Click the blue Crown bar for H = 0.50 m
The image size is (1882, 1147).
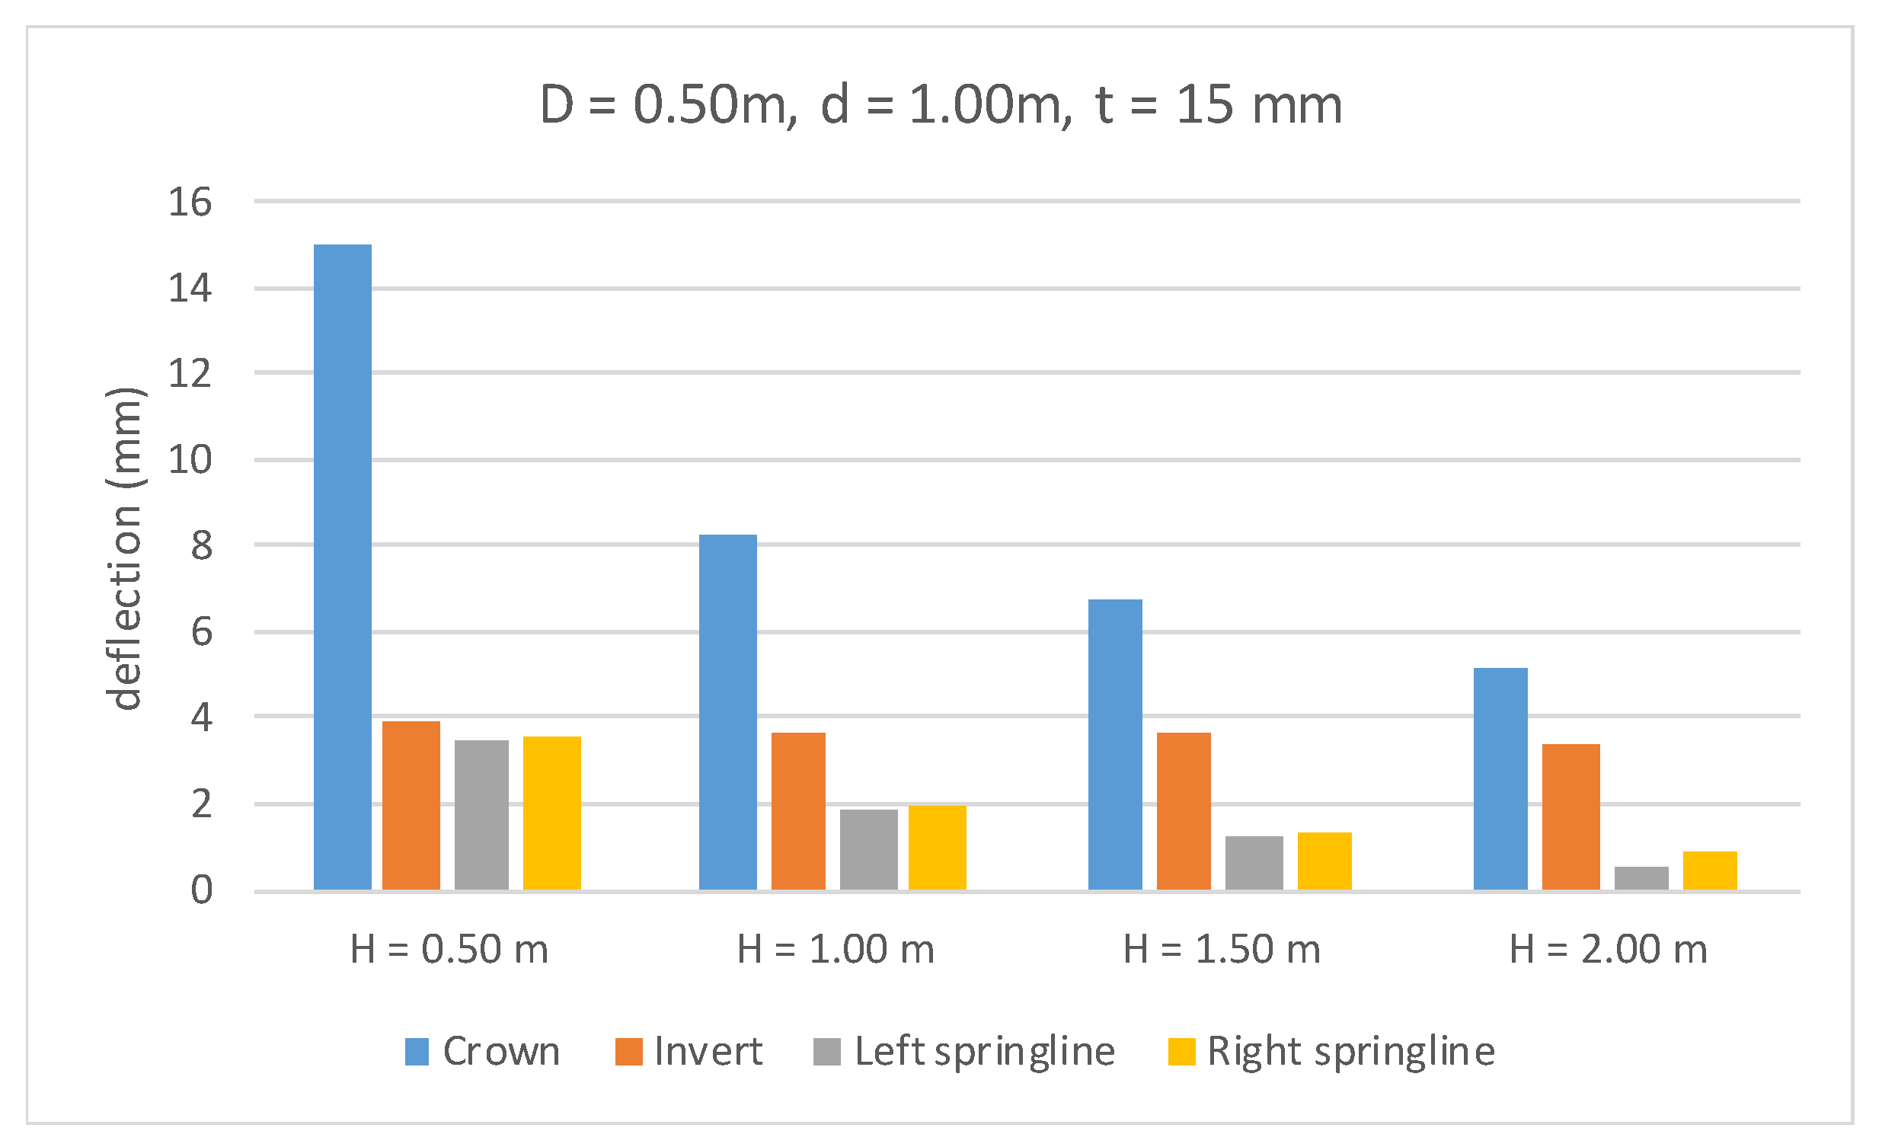342,567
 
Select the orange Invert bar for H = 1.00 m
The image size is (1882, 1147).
798,811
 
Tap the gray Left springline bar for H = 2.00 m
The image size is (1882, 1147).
1641,878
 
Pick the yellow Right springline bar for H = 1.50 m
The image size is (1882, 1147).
1324,861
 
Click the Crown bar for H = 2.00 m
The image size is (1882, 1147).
1500,779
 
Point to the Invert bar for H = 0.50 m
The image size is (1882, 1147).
411,806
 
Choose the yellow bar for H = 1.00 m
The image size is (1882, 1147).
937,848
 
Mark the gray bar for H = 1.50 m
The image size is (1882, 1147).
1254,863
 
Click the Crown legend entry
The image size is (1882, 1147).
483,1052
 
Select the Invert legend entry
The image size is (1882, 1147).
689,1052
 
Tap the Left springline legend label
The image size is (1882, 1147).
985,1052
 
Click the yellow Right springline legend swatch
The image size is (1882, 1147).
1181,1052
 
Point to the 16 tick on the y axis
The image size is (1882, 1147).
190,203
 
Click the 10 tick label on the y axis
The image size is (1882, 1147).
190,461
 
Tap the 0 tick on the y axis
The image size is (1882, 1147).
201,890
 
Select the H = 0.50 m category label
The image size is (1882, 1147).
449,949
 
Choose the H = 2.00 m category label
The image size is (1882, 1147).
1608,949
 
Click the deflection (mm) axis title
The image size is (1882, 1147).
124,548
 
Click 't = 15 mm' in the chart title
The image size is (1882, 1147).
1219,104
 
